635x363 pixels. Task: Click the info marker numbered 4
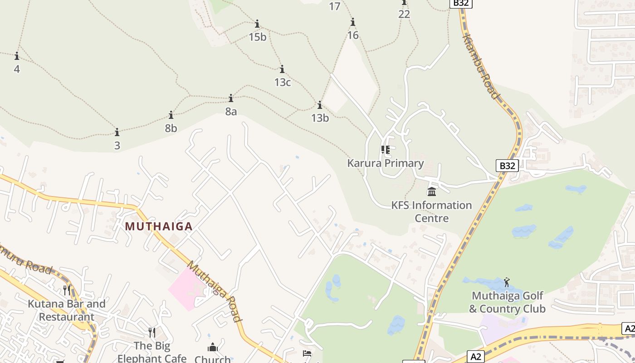tap(17, 56)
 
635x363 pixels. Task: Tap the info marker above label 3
tap(117, 132)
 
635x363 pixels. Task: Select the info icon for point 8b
tap(171, 115)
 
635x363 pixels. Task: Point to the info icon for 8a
tap(231, 98)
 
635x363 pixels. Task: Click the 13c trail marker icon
tap(282, 69)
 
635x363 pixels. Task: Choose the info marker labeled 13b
tap(320, 105)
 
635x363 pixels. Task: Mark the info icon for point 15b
tap(257, 24)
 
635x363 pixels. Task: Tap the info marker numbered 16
tap(352, 22)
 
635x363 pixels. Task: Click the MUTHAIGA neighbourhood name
tap(159, 226)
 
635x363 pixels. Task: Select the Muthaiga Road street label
tap(215, 290)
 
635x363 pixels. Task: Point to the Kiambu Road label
tap(480, 65)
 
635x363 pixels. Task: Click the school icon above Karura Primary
tap(386, 149)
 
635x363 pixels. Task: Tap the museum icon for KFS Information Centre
tap(432, 191)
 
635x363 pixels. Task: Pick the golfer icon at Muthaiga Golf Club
tap(507, 282)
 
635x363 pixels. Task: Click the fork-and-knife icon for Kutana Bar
tap(67, 290)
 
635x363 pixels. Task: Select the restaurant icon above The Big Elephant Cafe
tap(152, 332)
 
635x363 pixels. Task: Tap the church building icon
tap(213, 348)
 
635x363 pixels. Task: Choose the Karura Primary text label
tap(386, 163)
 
